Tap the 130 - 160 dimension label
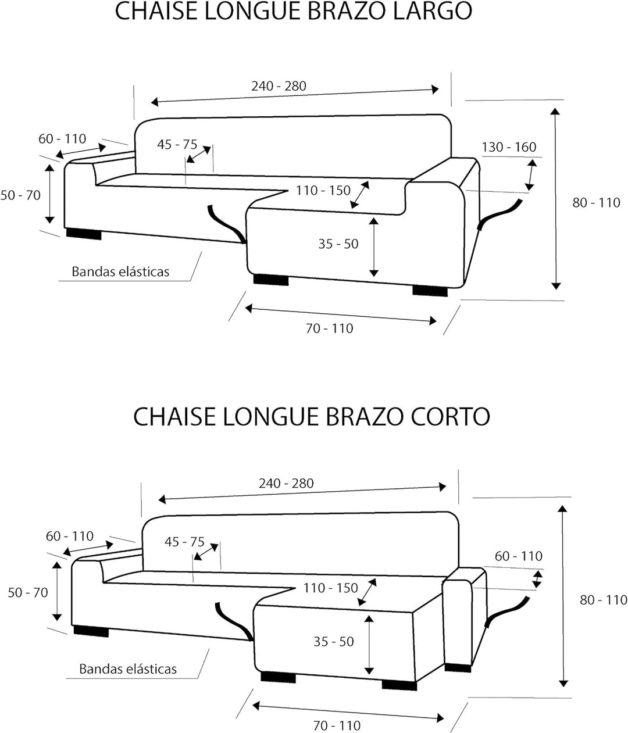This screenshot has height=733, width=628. pyautogui.click(x=509, y=147)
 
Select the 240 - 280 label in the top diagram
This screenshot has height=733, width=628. pyautogui.click(x=279, y=86)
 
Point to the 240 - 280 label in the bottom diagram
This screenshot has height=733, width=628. pyautogui.click(x=286, y=483)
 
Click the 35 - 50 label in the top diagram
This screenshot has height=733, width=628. pyautogui.click(x=338, y=244)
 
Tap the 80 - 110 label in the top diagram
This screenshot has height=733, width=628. pyautogui.click(x=596, y=203)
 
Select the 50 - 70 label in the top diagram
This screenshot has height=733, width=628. pyautogui.click(x=20, y=195)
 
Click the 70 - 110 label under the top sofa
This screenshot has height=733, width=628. pyautogui.click(x=330, y=329)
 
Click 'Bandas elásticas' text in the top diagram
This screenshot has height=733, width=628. pyautogui.click(x=120, y=271)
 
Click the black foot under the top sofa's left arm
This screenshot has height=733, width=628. pyautogui.click(x=84, y=234)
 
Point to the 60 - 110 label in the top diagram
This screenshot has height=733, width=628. pyautogui.click(x=62, y=139)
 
